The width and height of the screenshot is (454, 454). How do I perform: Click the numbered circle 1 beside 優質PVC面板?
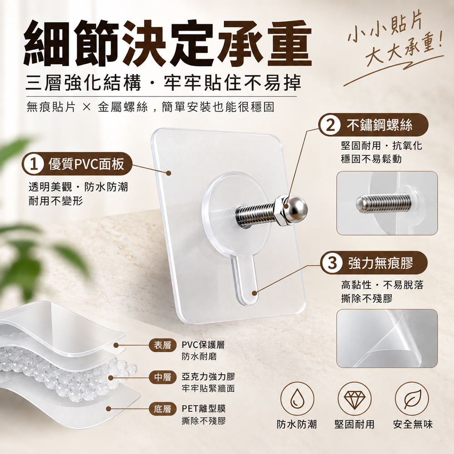(34, 164)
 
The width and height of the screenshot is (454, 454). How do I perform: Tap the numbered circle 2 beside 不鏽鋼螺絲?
(330, 125)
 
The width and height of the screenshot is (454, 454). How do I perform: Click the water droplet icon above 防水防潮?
(297, 399)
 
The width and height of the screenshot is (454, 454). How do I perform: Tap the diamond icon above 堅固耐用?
(355, 399)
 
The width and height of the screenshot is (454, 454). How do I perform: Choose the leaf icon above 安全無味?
(412, 399)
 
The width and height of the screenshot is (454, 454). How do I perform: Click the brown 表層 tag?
(163, 345)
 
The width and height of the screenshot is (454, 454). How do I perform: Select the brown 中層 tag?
(163, 377)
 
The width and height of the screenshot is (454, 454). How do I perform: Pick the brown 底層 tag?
(163, 409)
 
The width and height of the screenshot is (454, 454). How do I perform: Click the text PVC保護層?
(203, 345)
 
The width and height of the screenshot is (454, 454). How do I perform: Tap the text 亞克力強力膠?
(208, 377)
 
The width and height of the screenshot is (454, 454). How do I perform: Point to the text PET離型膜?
(203, 409)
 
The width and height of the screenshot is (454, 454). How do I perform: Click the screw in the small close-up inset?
(383, 202)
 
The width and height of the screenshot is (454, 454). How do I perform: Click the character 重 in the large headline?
(290, 44)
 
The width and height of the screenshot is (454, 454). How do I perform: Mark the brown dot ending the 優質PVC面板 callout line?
(168, 173)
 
